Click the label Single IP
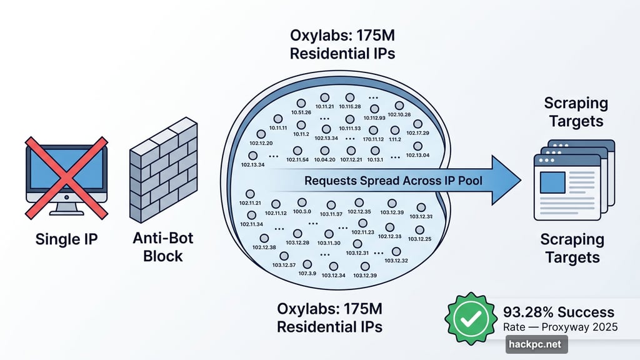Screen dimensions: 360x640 66,239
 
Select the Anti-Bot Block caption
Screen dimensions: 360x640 164,246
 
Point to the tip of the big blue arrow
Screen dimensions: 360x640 520,181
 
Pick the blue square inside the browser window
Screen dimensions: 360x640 552,182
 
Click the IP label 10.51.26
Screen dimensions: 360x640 301,112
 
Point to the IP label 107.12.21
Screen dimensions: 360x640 351,160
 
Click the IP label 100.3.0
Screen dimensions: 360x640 302,212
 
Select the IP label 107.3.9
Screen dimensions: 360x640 307,273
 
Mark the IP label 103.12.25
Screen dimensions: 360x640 419,239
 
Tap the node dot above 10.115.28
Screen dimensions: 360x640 349,97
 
